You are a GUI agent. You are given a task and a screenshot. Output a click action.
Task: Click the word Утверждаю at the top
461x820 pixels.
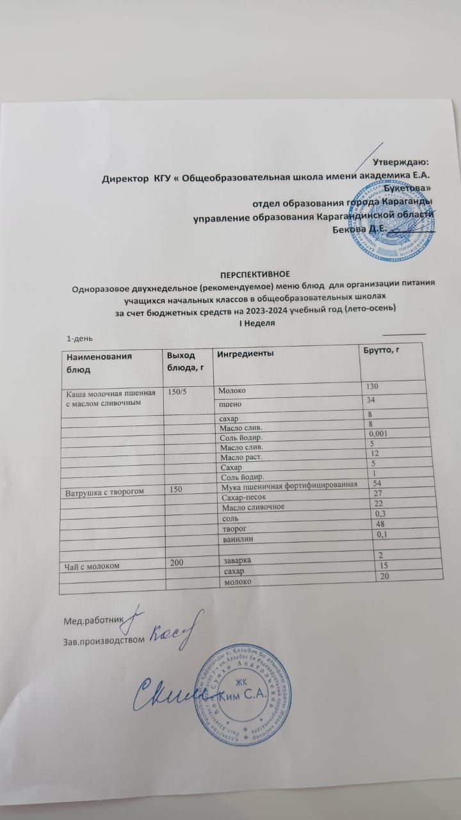click(x=401, y=163)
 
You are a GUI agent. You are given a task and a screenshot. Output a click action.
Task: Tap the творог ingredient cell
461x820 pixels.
click(x=233, y=529)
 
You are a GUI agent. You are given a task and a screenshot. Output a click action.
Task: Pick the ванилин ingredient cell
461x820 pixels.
click(x=236, y=539)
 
